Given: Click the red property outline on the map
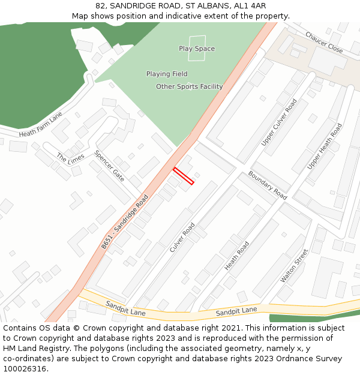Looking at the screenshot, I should tap(184, 176).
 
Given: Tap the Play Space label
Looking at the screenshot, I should tap(197, 49).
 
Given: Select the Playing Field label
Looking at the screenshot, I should tap(167, 74).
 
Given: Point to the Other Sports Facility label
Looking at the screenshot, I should tap(190, 86).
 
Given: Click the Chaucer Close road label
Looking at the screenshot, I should tap(324, 43).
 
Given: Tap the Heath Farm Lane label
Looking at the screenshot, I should tap(41, 124).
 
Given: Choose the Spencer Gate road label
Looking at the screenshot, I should tap(109, 166).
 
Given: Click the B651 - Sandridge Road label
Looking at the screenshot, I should tap(125, 221).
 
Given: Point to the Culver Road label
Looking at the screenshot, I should tap(182, 237).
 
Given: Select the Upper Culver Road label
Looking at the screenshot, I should tap(279, 122).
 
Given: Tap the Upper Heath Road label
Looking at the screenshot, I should tap(325, 146).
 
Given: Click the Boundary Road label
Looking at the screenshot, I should tap(268, 185).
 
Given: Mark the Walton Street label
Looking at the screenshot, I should tap(294, 266).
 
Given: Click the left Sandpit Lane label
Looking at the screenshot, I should tap(125, 308).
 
